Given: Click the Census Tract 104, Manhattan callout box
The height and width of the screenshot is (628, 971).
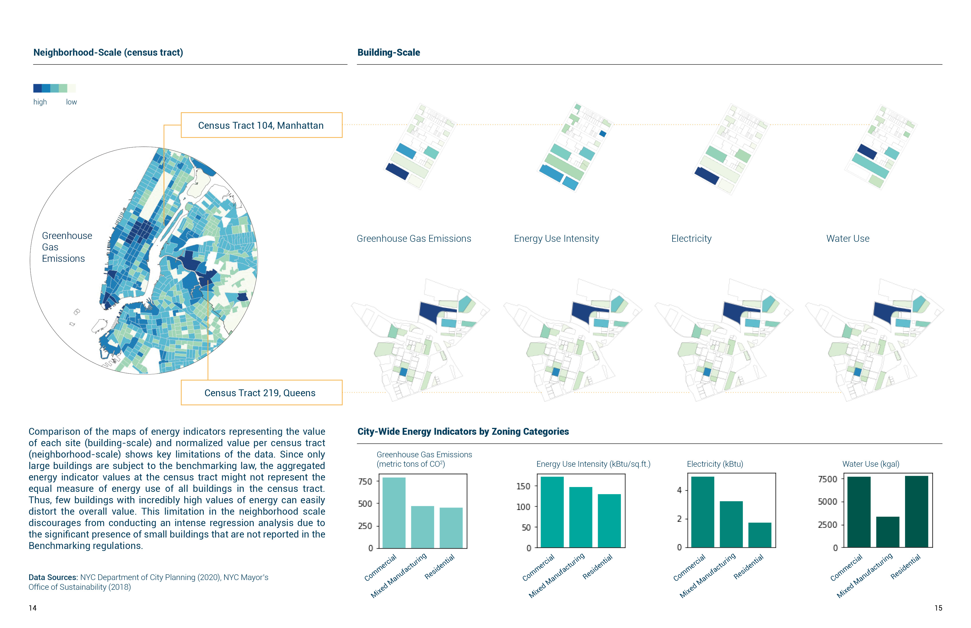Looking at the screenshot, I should tap(261, 125).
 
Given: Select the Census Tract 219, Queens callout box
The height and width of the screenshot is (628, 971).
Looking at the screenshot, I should tap(261, 393).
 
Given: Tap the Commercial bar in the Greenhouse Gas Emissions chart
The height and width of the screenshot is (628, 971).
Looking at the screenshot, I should tap(394, 513).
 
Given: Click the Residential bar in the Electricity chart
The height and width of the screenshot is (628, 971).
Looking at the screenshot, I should tap(760, 535).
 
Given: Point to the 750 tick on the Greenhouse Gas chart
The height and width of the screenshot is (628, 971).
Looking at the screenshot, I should tap(365, 482).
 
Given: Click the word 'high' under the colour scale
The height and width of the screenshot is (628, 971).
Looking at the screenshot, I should tap(40, 102).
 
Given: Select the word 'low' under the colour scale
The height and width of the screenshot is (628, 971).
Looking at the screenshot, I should tap(71, 102).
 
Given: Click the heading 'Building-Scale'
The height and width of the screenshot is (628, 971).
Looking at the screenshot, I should tap(388, 53).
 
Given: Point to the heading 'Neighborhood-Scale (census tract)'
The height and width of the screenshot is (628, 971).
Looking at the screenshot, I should tap(108, 53).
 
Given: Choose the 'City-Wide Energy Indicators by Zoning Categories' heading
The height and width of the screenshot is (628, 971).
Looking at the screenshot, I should tap(463, 431).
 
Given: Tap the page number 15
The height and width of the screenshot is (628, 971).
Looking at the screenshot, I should tap(938, 608).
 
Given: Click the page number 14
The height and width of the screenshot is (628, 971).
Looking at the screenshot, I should tap(33, 608).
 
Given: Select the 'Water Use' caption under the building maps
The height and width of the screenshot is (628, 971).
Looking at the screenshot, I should tap(848, 239).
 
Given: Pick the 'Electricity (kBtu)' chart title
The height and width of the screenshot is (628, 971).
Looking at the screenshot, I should tap(715, 464).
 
